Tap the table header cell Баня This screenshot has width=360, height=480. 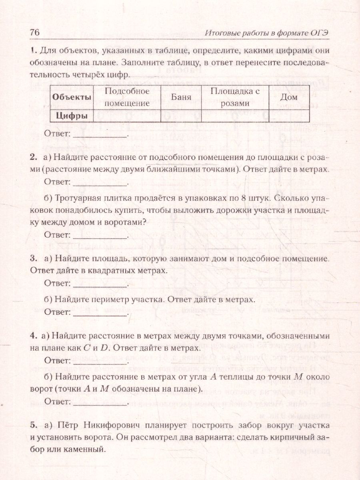coord(180,97)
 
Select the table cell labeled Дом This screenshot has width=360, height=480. coord(289,97)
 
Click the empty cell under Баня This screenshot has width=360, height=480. coord(180,116)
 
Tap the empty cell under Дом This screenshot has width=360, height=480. coord(289,116)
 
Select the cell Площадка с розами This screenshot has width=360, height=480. coord(235,97)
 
